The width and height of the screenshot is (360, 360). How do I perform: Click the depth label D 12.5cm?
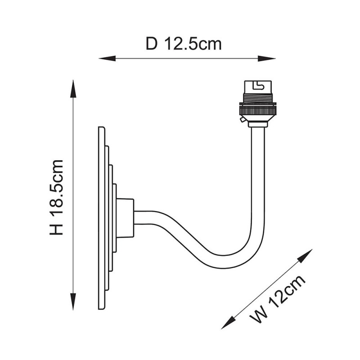[184, 44]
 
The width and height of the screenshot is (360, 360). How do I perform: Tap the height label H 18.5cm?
[57, 197]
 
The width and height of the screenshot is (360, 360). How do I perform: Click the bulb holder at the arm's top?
[257, 103]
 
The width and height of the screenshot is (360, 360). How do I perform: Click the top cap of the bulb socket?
[257, 87]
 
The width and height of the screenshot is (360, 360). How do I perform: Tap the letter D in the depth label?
[152, 44]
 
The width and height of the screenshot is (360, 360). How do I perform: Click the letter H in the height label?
[57, 229]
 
